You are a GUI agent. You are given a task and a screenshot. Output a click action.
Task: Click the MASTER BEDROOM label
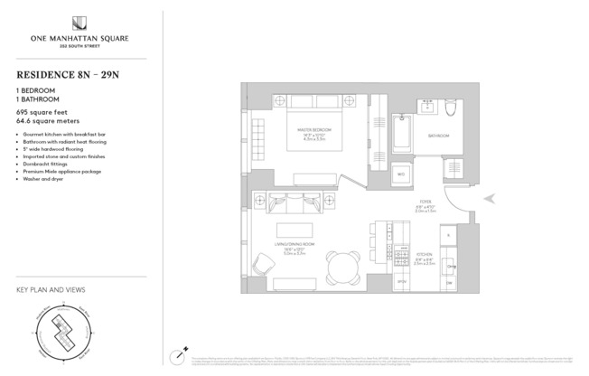coord(313,131)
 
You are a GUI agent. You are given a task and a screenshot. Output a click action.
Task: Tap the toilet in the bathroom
coord(451,111)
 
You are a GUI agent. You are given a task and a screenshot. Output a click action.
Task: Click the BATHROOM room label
coord(438,136)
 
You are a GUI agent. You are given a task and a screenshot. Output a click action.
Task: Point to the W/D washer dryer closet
coord(401,173)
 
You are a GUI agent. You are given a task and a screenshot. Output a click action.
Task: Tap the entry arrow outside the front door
coord(489,199)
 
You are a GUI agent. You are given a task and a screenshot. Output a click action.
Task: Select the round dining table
coord(343,267)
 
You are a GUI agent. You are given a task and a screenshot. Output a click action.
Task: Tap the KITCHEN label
coord(424,256)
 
